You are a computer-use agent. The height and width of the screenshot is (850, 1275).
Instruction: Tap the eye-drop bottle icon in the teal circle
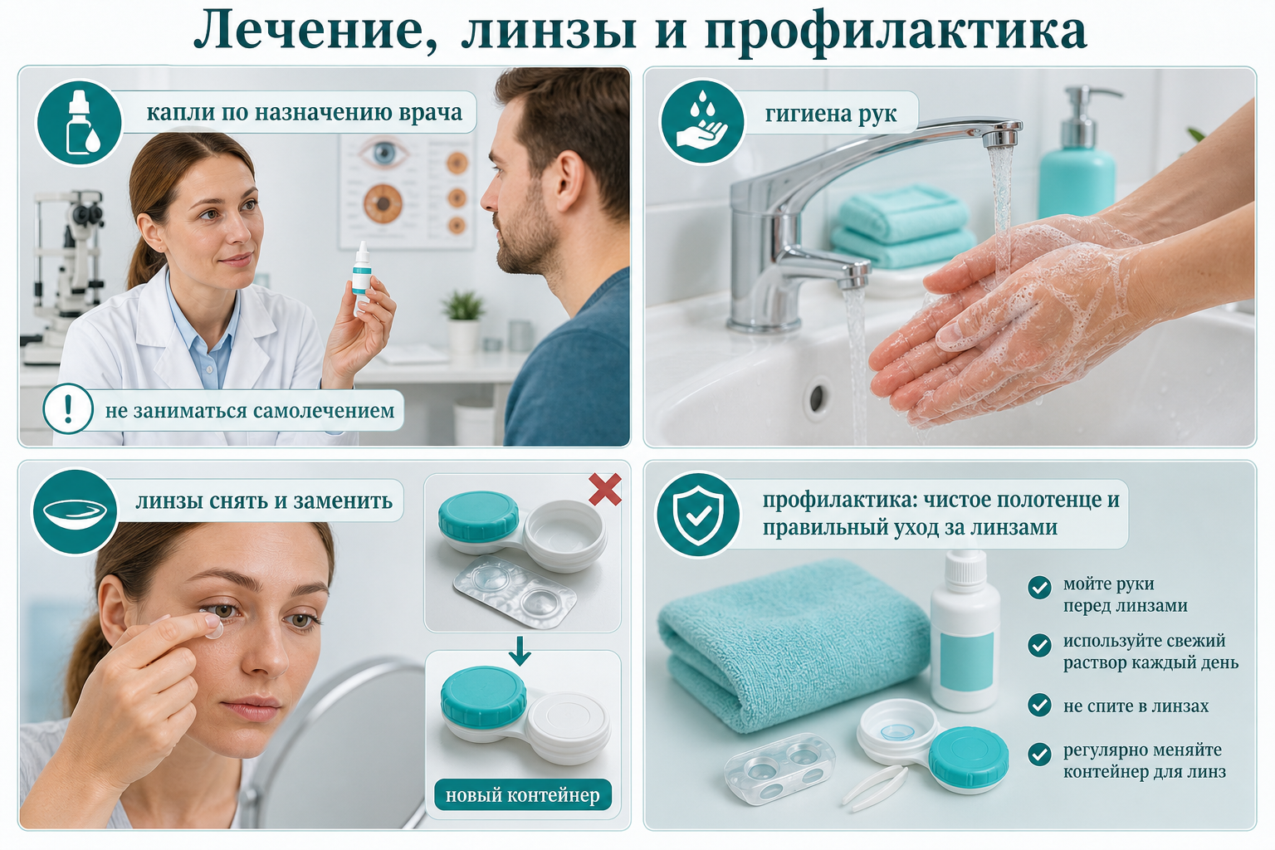point(79,122)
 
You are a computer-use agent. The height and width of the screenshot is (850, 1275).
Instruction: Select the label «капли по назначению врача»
point(304,112)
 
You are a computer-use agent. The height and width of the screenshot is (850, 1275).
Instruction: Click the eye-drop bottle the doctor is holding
point(361,277)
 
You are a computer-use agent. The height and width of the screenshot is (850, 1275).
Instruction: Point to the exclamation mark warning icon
point(68,408)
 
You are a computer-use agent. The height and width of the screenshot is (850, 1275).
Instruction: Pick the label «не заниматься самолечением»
point(249,411)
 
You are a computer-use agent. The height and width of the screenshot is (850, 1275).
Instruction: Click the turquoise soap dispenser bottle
point(1077,154)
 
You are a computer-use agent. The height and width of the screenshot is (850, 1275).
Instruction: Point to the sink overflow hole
point(817,398)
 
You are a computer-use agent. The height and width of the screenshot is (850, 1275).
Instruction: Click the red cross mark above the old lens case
point(604,489)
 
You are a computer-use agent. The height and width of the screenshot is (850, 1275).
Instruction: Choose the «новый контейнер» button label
point(522,794)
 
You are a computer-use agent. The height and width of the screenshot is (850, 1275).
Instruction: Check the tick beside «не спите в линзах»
point(1039,705)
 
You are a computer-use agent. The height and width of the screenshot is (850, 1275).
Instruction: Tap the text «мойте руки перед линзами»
point(1126,594)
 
